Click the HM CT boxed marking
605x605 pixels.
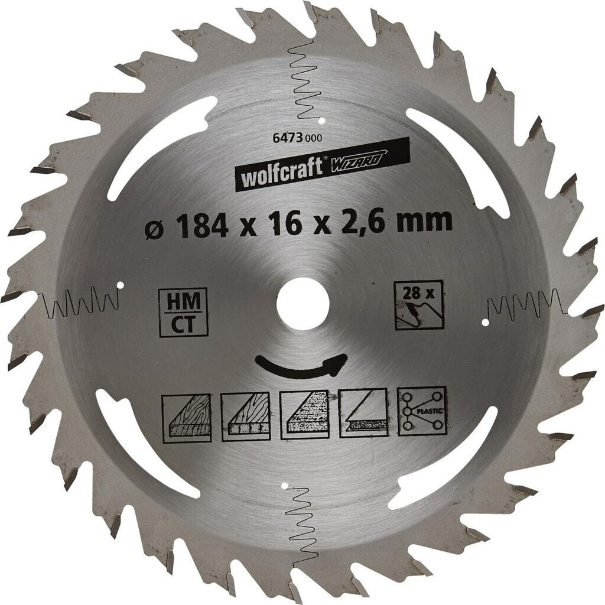184,312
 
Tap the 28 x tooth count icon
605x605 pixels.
419,304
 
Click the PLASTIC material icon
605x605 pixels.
422,411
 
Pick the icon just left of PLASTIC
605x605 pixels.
363,412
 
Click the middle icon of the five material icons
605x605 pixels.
304,414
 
